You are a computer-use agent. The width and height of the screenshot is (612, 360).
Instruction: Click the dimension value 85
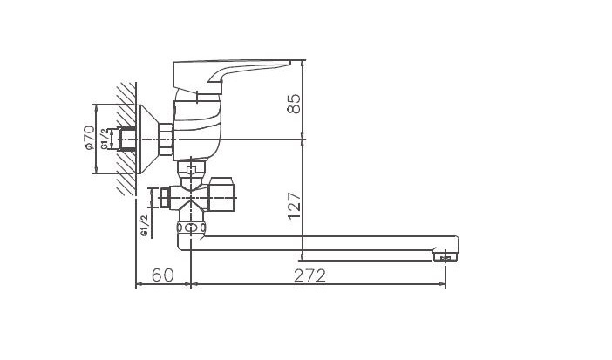(295, 104)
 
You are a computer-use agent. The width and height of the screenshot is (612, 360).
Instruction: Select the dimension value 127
(295, 207)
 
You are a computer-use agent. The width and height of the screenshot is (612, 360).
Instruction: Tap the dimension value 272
(309, 276)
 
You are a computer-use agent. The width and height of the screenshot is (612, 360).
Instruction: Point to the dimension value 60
(162, 275)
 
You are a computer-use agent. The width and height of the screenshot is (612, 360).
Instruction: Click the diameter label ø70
(90, 138)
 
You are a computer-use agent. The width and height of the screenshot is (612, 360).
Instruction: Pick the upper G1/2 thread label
(105, 139)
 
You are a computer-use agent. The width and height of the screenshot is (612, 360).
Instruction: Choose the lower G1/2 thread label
(145, 225)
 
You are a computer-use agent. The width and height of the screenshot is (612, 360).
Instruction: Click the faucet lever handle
(231, 76)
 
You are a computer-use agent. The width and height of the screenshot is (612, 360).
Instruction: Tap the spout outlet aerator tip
(445, 256)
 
